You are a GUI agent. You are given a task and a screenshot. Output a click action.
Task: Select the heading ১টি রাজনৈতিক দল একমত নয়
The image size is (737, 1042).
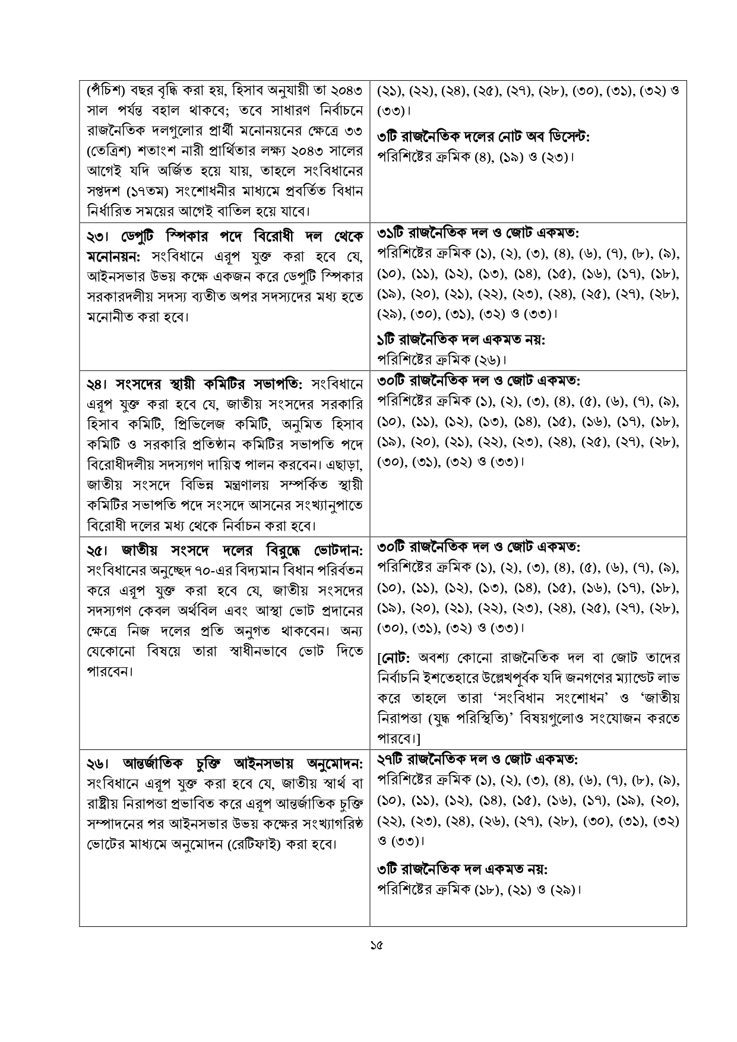pyautogui.click(x=461, y=340)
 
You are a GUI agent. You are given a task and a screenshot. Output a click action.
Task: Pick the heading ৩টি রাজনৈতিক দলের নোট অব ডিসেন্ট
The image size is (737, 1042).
pyautogui.click(x=483, y=137)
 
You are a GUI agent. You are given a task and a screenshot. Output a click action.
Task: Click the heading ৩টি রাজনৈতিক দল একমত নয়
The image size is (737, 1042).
pyautogui.click(x=462, y=869)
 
